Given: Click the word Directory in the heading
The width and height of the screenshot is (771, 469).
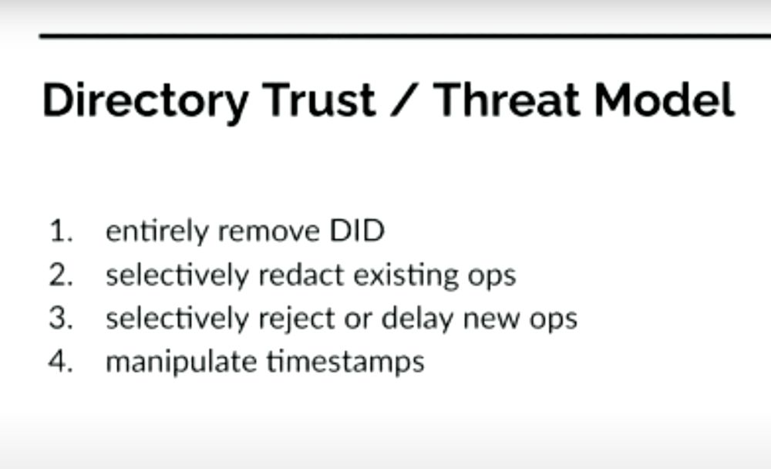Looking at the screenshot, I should (x=145, y=100).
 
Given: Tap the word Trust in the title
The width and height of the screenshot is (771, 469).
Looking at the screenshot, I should (x=318, y=100).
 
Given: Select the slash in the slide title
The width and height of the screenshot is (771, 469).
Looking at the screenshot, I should (x=405, y=100).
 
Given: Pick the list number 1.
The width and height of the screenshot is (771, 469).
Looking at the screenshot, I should (x=60, y=231).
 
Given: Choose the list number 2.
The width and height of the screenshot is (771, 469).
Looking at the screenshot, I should (x=60, y=275).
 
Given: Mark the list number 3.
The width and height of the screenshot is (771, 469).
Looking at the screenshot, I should (x=60, y=319).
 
